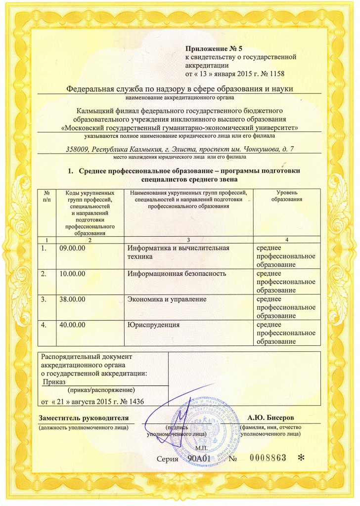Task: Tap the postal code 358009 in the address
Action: tap(77, 149)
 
